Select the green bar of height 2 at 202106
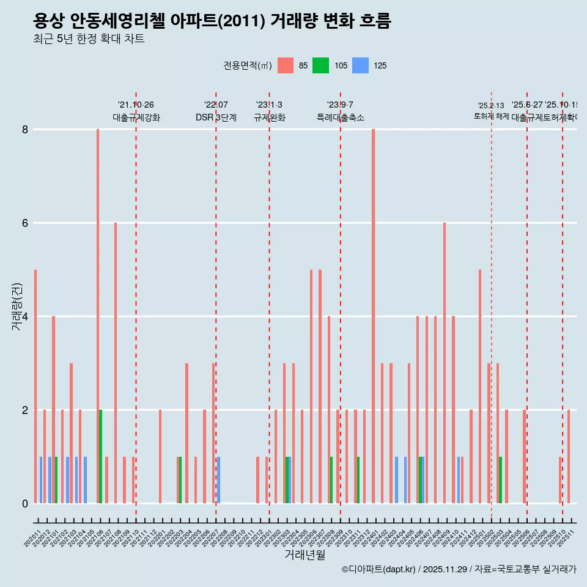pyautogui.click(x=101, y=456)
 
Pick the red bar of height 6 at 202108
pyautogui.click(x=116, y=363)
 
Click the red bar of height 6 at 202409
pyautogui.click(x=445, y=363)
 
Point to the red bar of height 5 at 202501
pyautogui.click(x=480, y=386)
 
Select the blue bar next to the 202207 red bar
pyautogui.click(x=219, y=480)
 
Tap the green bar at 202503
pyautogui.click(x=500, y=480)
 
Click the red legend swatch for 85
pyautogui.click(x=286, y=65)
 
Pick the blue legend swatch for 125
pyautogui.click(x=361, y=65)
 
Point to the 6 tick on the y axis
pyautogui.click(x=26, y=223)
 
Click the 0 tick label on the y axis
pyautogui.click(x=26, y=503)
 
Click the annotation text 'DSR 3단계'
pyautogui.click(x=216, y=117)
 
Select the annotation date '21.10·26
pyautogui.click(x=136, y=105)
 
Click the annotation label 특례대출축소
pyautogui.click(x=341, y=117)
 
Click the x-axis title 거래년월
pyautogui.click(x=305, y=555)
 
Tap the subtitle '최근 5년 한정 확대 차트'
pyautogui.click(x=89, y=39)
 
